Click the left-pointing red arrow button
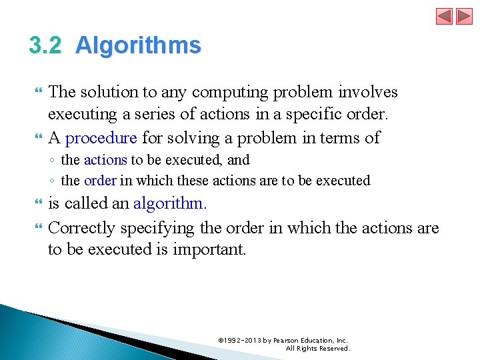[445, 16]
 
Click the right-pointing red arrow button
[464, 16]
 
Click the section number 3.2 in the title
[45, 45]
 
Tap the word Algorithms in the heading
[138, 45]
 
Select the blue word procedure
[101, 138]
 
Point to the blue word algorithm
[169, 203]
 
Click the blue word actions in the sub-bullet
[105, 160]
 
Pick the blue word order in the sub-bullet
[100, 181]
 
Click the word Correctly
[82, 228]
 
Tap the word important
[210, 249]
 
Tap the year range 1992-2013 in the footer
[243, 340]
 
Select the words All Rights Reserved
[317, 348]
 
